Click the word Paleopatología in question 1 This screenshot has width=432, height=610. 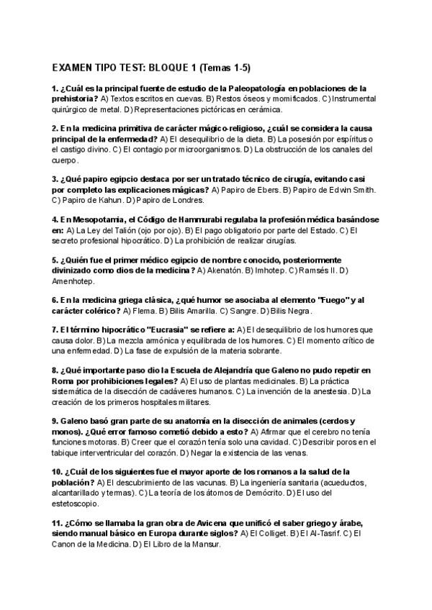260,88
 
